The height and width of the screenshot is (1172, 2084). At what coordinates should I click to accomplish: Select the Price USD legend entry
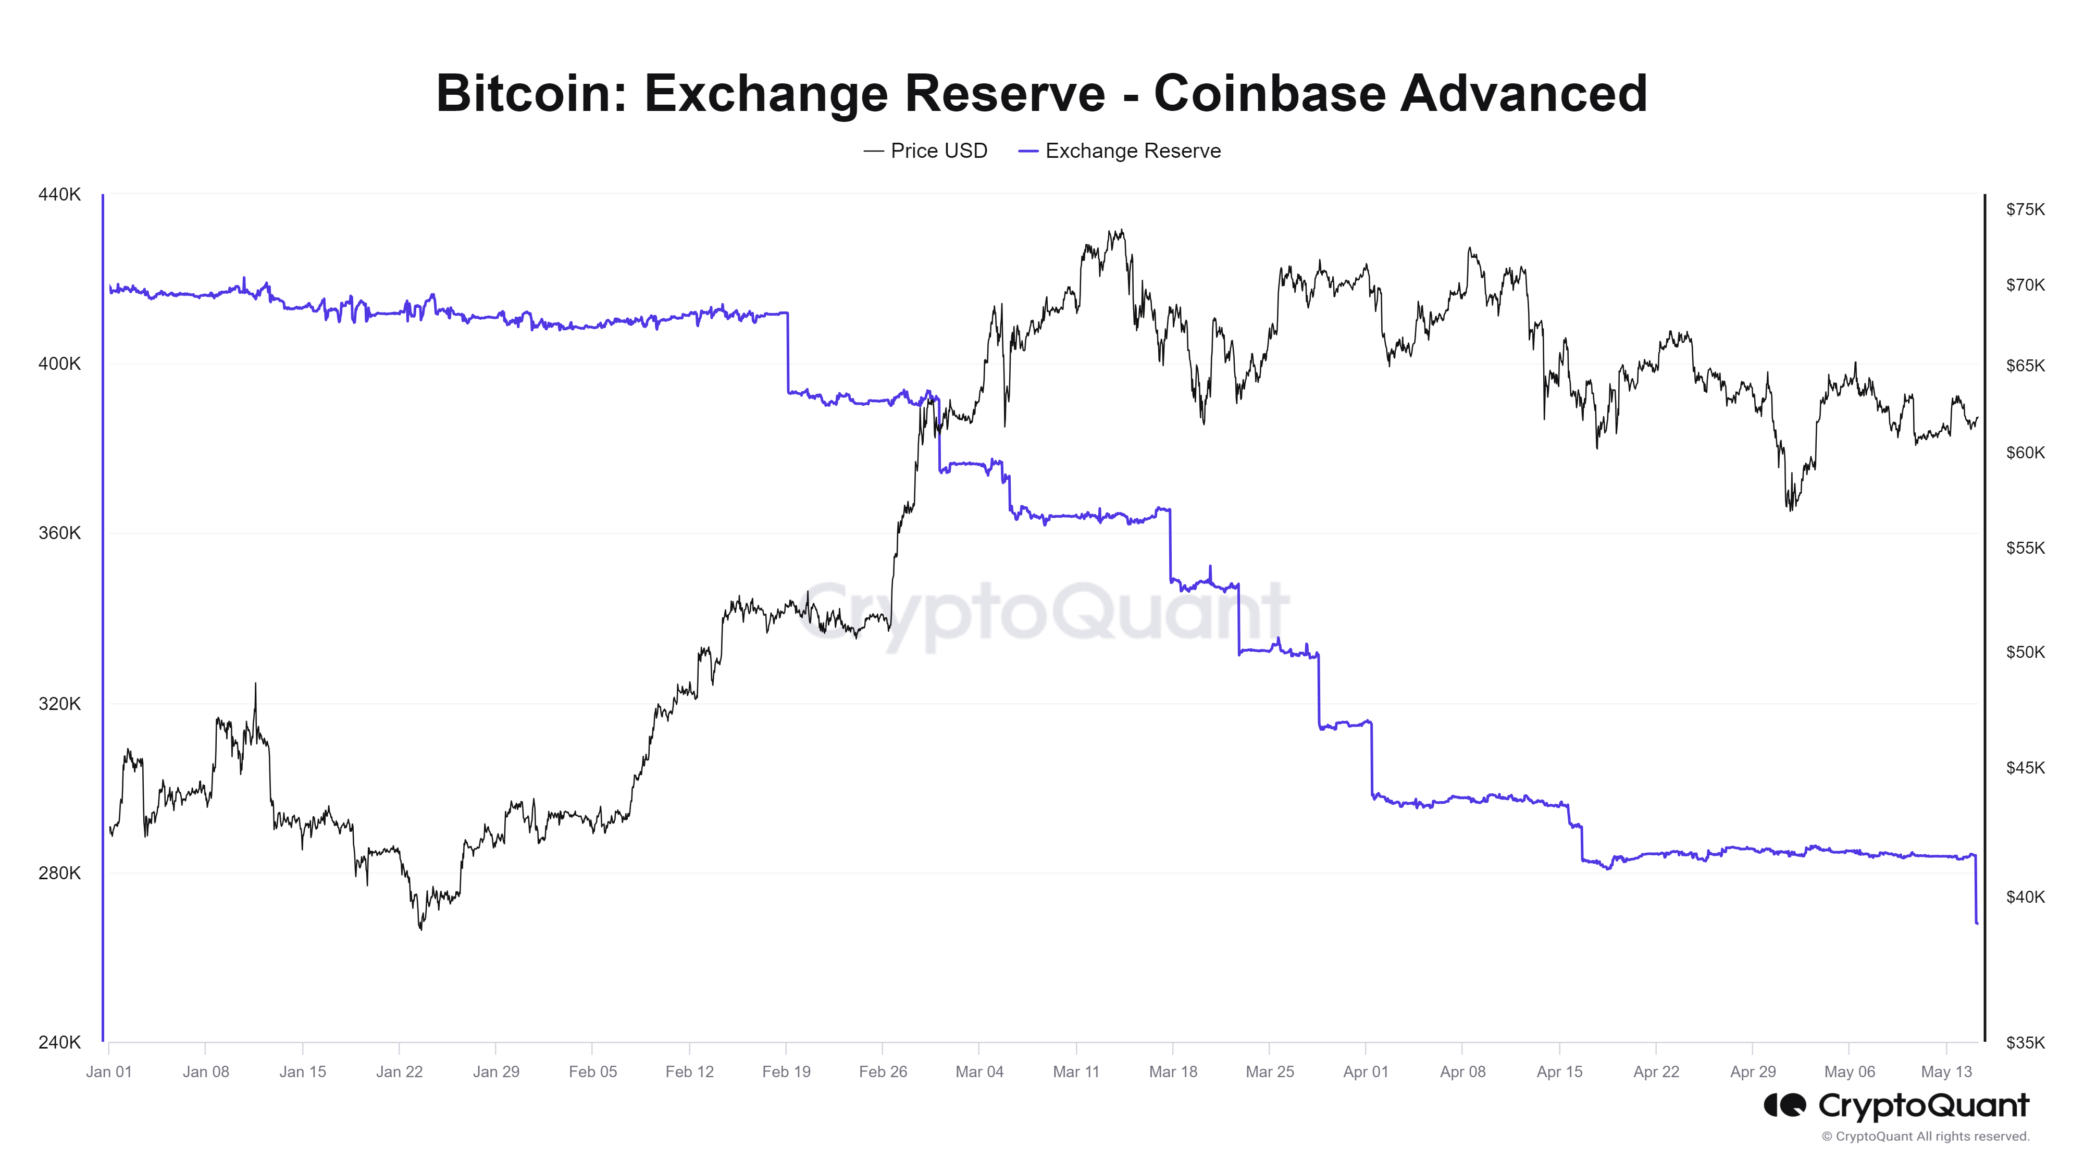(926, 151)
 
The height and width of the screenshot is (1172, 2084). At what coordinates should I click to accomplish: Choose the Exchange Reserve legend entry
(1121, 151)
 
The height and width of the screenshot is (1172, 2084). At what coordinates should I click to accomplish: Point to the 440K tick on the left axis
(59, 194)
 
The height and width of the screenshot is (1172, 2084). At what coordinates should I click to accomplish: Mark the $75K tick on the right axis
(2025, 209)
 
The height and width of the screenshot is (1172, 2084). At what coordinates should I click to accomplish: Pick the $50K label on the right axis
(2025, 652)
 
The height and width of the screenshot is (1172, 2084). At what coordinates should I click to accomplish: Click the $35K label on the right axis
(2025, 1043)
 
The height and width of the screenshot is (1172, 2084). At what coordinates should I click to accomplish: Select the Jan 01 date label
(108, 1071)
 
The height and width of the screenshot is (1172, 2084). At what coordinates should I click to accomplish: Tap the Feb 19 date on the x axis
(786, 1071)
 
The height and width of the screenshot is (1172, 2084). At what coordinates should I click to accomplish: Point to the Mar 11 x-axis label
(1076, 1071)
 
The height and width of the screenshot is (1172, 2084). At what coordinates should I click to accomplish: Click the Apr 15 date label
(1559, 1071)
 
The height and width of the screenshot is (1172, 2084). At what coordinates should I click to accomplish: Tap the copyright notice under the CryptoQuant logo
(1926, 1137)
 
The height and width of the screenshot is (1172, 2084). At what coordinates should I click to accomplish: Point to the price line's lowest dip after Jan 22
(420, 929)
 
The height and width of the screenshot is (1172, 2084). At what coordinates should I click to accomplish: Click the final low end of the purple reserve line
(1977, 923)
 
